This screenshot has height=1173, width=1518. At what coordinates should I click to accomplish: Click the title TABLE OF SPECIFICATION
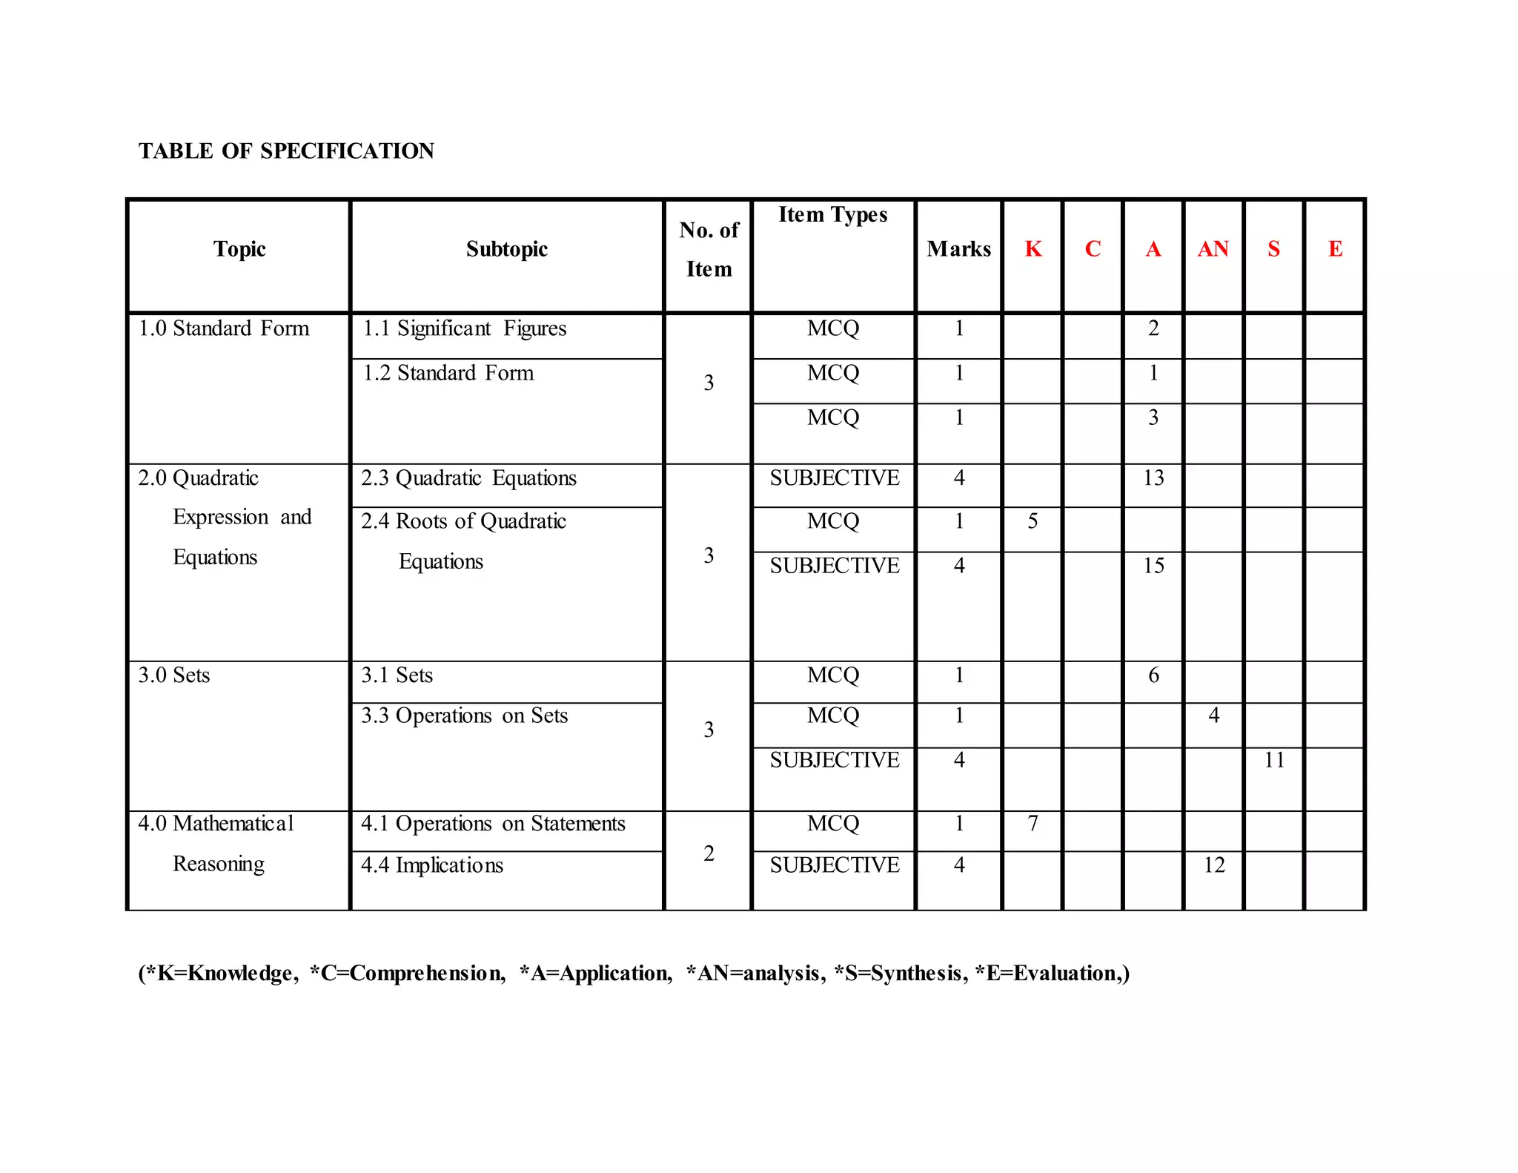tap(286, 151)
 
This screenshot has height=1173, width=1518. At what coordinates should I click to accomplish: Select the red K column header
tap(1033, 249)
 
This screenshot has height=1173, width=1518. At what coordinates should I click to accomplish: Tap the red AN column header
tap(1213, 249)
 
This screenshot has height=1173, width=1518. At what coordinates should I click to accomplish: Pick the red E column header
tap(1335, 249)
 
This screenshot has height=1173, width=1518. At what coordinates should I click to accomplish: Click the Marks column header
tap(958, 249)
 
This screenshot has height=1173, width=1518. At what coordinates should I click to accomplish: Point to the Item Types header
tap(832, 215)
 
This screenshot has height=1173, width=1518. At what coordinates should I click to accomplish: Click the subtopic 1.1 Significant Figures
tap(464, 328)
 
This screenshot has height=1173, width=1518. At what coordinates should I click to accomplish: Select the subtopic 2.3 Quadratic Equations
tap(468, 478)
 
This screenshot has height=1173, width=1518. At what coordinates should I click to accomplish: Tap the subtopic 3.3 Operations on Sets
tap(464, 716)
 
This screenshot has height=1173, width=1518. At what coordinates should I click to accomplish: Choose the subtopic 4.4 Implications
tap(432, 865)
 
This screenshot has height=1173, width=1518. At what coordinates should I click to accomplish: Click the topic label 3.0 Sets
tap(174, 675)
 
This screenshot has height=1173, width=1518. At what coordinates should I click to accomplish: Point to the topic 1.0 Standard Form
tap(224, 328)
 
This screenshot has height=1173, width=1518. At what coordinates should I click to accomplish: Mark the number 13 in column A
tap(1153, 478)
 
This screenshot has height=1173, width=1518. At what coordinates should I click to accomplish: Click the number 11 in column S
tap(1274, 760)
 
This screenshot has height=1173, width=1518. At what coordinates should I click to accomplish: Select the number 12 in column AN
tap(1213, 865)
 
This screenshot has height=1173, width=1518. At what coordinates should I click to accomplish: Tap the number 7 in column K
tap(1033, 824)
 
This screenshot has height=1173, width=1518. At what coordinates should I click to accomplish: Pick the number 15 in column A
tap(1153, 566)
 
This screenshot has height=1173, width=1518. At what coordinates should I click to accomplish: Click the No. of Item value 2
tap(709, 853)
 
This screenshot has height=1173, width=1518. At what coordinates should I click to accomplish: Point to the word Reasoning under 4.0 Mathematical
tap(219, 864)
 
